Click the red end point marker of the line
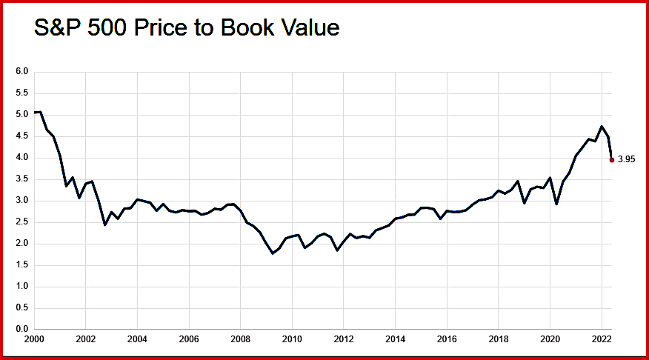611,159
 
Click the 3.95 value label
627,159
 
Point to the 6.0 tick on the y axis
21,72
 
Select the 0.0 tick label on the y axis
21,329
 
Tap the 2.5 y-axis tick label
21,221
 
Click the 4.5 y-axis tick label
21,136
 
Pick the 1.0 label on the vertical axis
21,286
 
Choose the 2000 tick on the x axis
35,340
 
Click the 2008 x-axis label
240,340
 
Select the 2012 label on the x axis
344,340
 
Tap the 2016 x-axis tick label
447,340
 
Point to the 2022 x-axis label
601,340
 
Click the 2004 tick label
137,340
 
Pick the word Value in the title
311,28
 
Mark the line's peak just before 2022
602,127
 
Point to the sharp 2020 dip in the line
556,204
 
